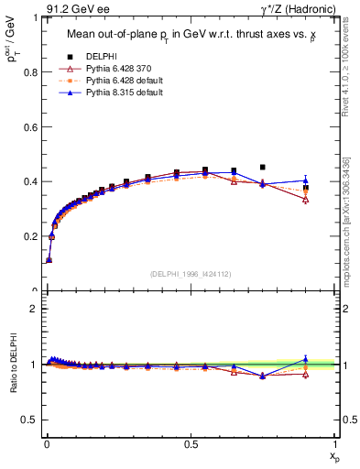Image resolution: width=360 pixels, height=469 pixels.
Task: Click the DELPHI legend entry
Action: click(101, 56)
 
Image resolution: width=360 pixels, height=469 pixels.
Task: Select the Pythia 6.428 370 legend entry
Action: click(117, 69)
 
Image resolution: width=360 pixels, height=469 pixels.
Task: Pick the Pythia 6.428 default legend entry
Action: click(119, 82)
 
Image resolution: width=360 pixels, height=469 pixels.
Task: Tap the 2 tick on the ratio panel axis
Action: click(38, 309)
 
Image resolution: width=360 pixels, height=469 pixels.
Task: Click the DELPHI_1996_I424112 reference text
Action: click(191, 274)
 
